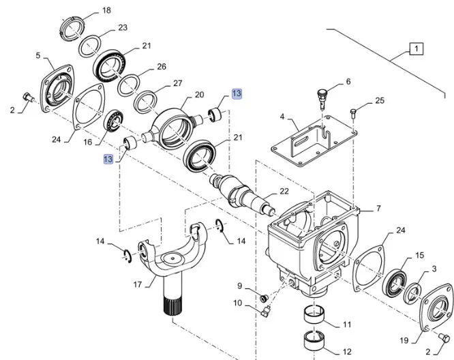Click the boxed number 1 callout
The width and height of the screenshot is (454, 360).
click(415, 48)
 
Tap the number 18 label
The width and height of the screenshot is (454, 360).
click(106, 11)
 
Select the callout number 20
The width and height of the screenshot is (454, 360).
click(199, 95)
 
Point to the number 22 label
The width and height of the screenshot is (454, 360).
click(284, 192)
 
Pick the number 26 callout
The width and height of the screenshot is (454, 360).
click(162, 67)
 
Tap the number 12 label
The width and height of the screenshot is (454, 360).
click(347, 352)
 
